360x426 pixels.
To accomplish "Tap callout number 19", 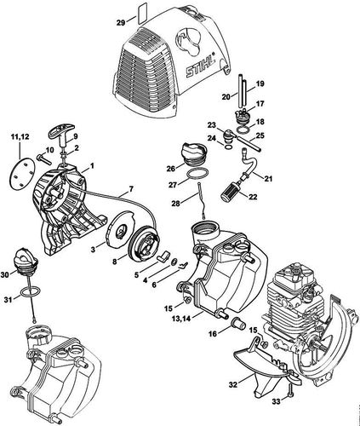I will (x=260, y=84).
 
